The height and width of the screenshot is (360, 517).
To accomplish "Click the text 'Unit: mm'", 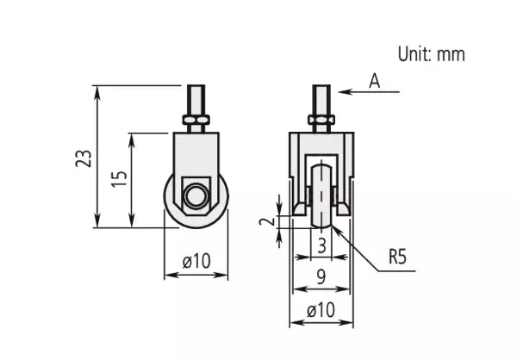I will pos(431,53).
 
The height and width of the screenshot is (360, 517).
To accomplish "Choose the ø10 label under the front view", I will pos(321,310).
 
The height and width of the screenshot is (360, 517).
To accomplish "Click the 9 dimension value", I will pos(321,277).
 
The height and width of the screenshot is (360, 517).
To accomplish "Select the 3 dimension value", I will pos(321,246).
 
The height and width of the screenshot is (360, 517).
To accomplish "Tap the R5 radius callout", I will pos(398,256).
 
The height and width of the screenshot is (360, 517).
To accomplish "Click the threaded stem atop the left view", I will pos(196,96).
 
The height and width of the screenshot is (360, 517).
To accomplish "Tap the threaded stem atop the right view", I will pos(321,96).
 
